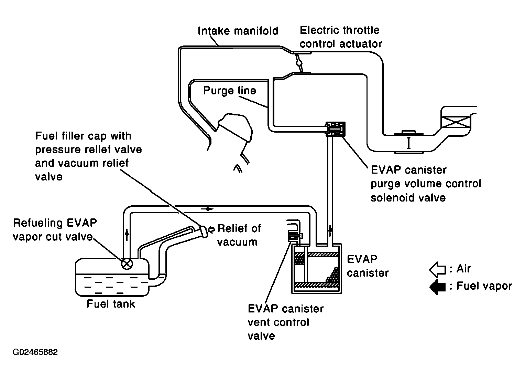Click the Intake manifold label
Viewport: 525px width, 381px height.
click(238, 31)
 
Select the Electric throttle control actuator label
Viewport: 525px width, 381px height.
click(341, 37)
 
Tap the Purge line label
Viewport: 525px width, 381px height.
click(229, 91)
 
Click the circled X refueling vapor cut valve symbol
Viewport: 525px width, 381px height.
click(127, 264)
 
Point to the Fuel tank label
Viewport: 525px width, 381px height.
click(111, 304)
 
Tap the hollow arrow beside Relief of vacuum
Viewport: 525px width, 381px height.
click(212, 229)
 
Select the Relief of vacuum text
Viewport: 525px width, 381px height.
click(239, 235)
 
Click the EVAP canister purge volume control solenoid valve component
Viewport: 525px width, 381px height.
click(336, 129)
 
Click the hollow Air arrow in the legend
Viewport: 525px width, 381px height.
click(437, 269)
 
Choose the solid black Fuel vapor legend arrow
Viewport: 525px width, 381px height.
click(437, 287)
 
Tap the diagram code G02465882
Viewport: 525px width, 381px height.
click(35, 352)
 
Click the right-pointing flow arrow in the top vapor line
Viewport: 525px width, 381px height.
click(207, 209)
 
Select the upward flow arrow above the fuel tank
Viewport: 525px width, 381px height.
click(127, 235)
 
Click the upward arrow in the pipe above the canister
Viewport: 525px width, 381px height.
click(330, 231)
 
